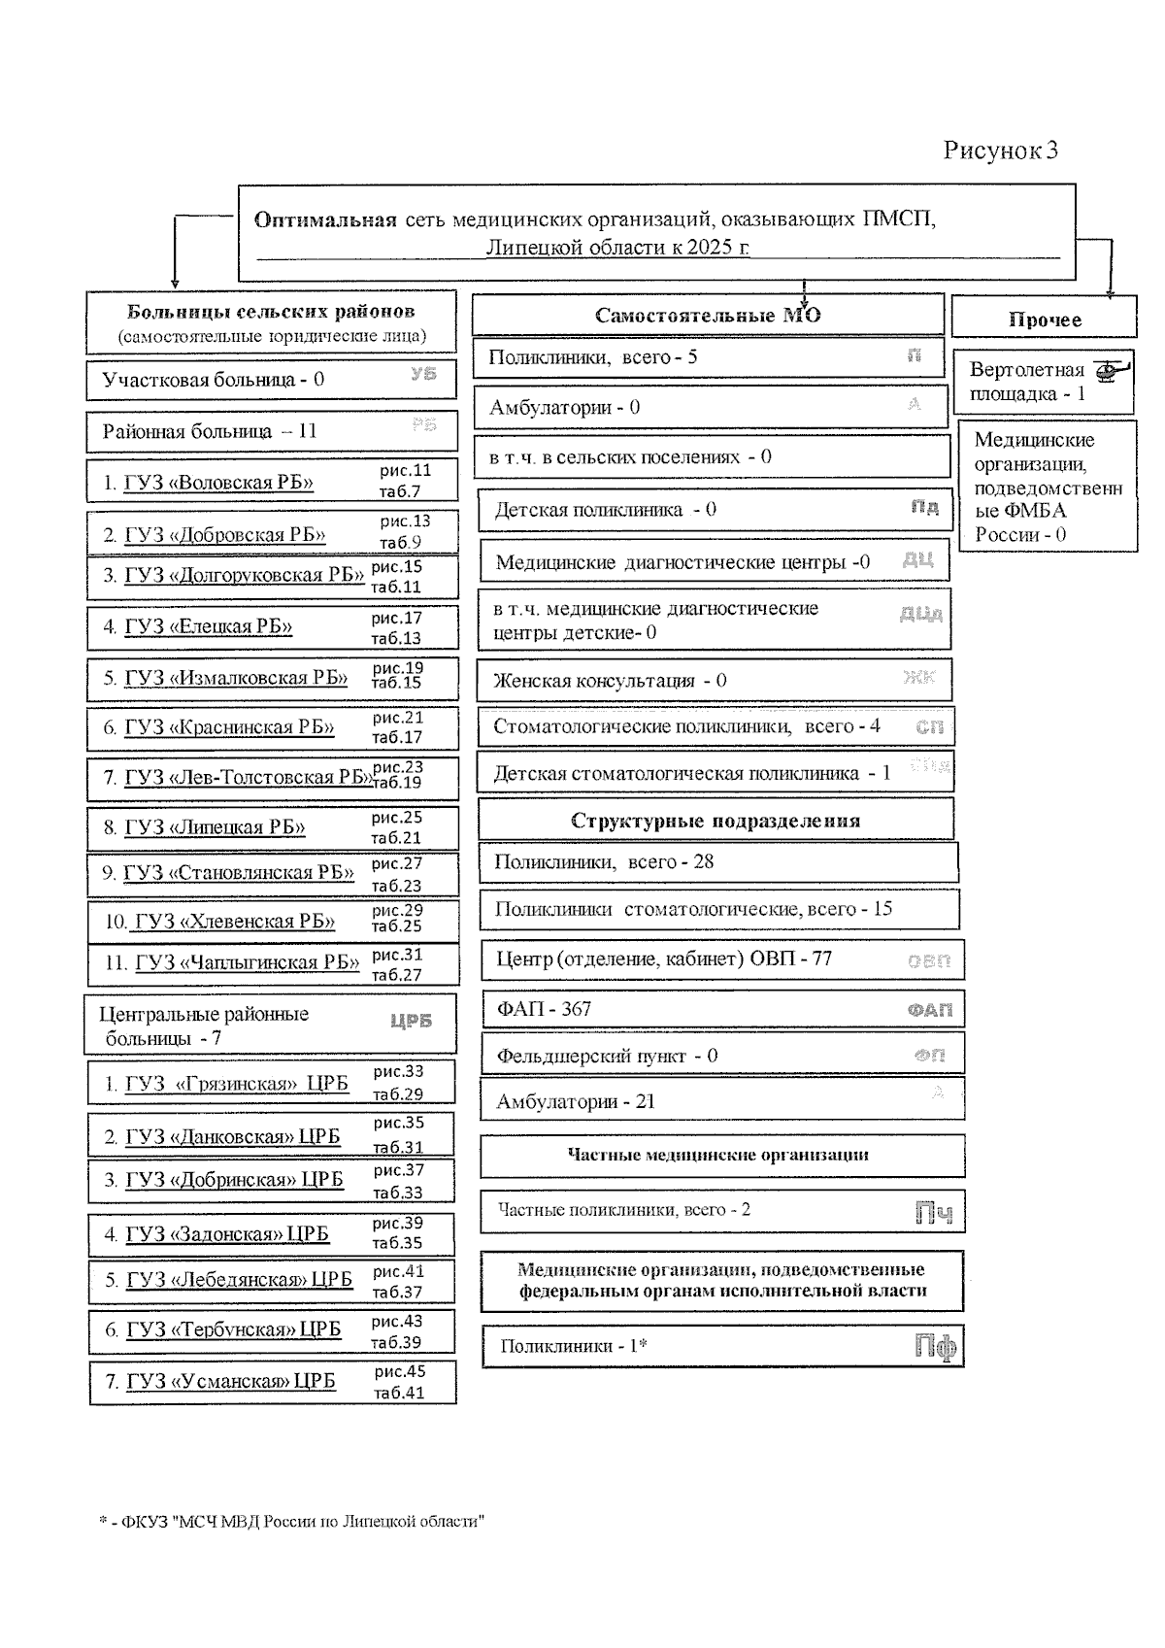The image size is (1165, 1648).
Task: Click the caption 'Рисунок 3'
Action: point(1000,150)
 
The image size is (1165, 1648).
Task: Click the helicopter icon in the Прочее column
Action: point(1111,370)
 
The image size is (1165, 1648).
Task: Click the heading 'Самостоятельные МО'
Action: point(708,316)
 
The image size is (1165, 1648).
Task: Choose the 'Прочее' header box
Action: point(1044,320)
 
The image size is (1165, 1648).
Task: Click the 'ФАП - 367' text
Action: point(544,1009)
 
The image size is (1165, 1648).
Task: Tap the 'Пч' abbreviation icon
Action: point(934,1213)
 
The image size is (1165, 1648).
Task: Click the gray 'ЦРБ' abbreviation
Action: point(411,1022)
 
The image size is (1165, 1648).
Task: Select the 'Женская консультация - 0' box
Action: point(714,680)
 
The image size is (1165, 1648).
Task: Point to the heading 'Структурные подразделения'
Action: point(716,821)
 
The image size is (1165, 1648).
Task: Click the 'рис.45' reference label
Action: point(400,1371)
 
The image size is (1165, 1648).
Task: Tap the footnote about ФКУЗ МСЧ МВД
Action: point(291,1521)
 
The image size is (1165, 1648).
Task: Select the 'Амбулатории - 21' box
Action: point(721,1101)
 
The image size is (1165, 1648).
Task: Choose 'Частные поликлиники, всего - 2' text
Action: point(624,1209)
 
